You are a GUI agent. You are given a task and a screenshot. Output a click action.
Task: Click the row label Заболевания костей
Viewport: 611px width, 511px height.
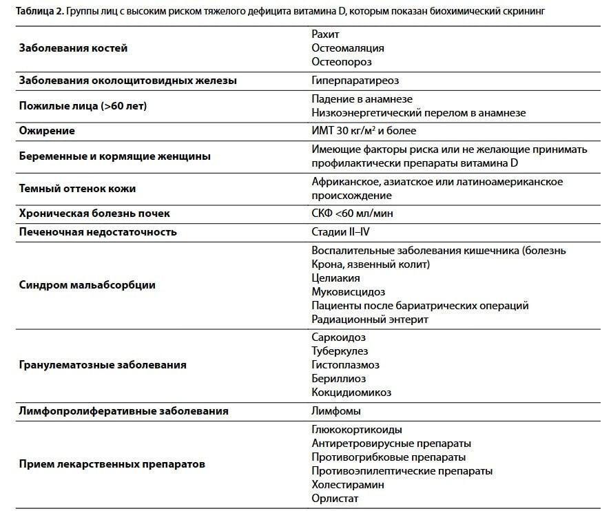(x=73, y=48)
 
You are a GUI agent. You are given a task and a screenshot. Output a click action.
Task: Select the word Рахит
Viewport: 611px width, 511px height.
(x=325, y=34)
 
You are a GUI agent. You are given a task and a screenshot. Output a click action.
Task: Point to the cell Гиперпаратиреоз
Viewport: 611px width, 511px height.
(x=355, y=81)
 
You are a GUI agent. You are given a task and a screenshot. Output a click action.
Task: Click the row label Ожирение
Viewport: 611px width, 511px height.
(x=47, y=130)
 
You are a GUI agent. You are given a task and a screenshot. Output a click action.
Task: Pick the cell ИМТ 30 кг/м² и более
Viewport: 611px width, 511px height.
(x=364, y=130)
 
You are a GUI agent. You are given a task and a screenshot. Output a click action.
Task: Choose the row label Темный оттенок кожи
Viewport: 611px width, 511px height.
(x=77, y=189)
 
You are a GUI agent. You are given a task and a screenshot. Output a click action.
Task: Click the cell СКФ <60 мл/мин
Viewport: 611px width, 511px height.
(x=352, y=213)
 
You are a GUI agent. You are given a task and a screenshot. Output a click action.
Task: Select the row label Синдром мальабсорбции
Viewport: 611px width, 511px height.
(x=87, y=284)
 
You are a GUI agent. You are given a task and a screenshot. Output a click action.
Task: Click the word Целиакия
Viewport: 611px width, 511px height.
(x=335, y=278)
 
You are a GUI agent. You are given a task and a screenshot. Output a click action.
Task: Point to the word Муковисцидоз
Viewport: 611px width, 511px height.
(x=348, y=291)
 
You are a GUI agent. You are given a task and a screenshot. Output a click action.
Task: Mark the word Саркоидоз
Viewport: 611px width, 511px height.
(x=338, y=337)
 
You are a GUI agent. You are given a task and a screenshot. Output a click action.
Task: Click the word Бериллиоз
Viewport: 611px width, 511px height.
(x=338, y=379)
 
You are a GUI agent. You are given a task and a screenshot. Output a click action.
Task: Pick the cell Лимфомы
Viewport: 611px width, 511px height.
(x=336, y=411)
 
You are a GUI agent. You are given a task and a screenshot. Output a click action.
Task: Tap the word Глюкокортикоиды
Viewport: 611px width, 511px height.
(x=356, y=429)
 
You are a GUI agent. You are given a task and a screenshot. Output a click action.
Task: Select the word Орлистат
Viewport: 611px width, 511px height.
(x=335, y=498)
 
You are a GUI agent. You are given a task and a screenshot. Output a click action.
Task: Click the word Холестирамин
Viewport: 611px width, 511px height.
(x=347, y=484)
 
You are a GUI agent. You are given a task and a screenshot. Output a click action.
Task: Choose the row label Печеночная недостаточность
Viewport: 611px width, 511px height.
(x=98, y=231)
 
